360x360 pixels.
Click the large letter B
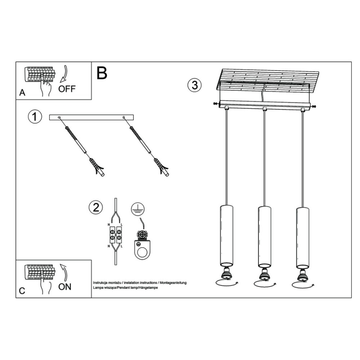click(x=102, y=73)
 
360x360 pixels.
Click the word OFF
click(x=67, y=89)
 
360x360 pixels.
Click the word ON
click(x=64, y=287)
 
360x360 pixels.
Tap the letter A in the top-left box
click(x=22, y=93)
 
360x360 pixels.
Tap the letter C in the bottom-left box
click(x=22, y=291)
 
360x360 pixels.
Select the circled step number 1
click(x=35, y=117)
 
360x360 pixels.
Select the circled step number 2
click(x=96, y=207)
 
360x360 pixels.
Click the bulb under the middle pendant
click(x=264, y=275)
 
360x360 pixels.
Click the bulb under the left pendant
click(x=226, y=274)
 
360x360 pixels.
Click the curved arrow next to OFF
click(x=64, y=74)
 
